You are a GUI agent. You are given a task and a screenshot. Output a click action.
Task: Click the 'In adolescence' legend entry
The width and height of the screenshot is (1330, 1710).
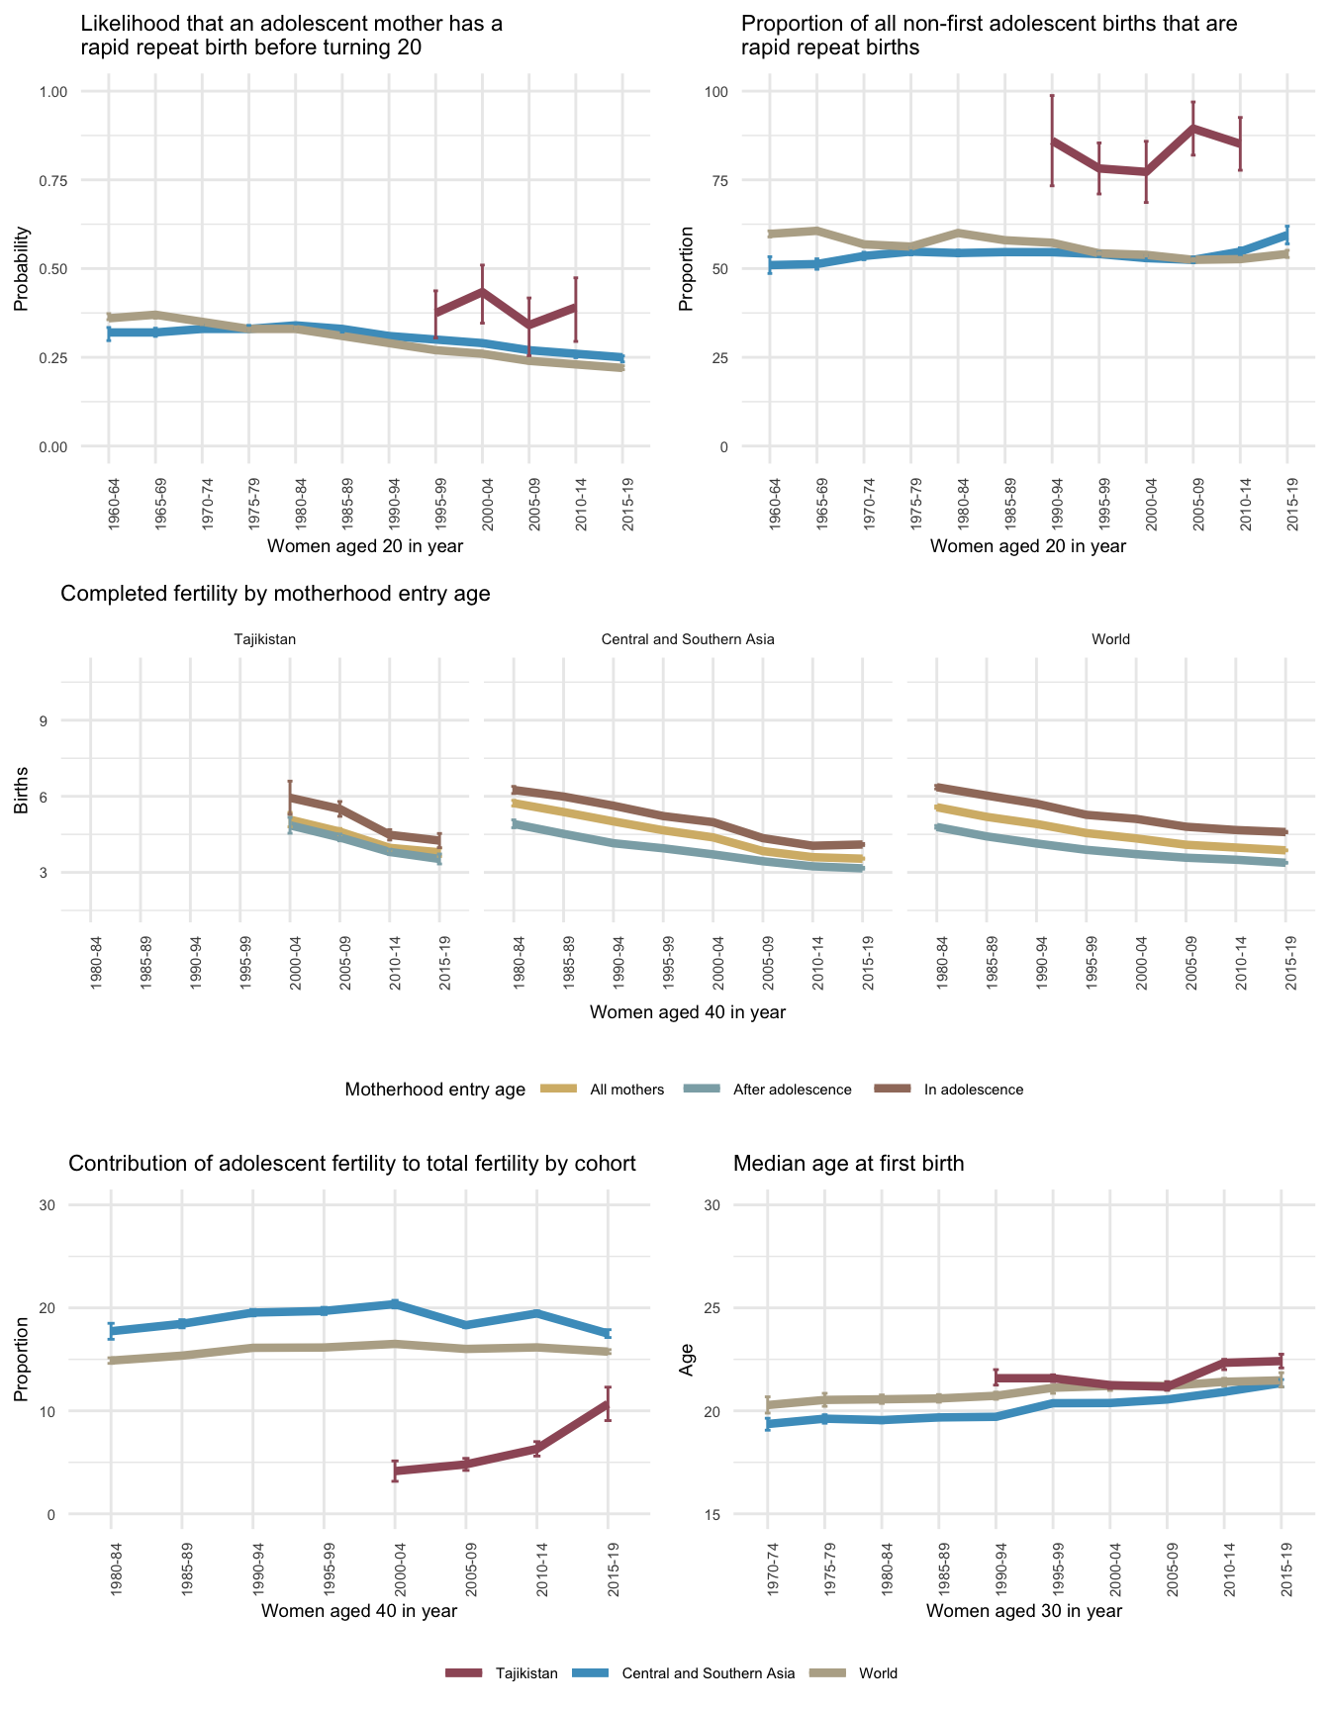click(x=973, y=1090)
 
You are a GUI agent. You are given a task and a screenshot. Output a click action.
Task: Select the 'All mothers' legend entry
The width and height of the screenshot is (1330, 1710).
click(x=625, y=1090)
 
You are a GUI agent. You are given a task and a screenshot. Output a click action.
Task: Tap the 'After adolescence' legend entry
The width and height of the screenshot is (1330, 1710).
click(x=791, y=1090)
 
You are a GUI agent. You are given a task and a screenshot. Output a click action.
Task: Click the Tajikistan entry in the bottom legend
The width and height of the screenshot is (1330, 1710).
click(x=525, y=1673)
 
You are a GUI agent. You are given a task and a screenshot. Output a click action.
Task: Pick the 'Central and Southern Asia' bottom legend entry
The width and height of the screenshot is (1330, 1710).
click(x=707, y=1673)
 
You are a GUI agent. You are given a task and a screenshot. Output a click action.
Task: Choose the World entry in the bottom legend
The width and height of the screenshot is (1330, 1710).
click(x=877, y=1673)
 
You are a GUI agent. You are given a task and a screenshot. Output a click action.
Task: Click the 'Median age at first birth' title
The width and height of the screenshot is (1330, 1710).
click(x=848, y=1164)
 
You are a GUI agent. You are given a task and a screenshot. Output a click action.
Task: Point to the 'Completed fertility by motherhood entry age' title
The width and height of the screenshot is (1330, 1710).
click(x=275, y=594)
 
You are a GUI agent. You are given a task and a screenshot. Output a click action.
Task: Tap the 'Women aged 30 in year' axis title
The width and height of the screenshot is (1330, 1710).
click(x=1023, y=1610)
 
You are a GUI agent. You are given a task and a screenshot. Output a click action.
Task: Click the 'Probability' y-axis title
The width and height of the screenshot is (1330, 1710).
click(x=21, y=269)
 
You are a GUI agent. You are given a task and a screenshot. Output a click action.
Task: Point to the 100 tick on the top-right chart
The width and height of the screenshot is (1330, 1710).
click(x=714, y=92)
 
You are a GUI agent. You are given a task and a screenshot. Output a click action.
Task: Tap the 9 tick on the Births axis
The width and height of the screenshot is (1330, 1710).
click(x=44, y=720)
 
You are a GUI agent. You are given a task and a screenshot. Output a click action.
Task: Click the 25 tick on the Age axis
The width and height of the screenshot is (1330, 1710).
click(x=713, y=1307)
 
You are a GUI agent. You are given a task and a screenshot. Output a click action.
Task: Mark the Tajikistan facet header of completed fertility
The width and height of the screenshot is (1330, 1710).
click(x=264, y=639)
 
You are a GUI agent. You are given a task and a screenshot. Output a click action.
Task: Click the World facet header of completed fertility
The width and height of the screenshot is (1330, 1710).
click(x=1110, y=639)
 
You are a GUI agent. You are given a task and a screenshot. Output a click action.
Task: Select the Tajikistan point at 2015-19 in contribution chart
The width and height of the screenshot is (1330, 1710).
click(x=608, y=1403)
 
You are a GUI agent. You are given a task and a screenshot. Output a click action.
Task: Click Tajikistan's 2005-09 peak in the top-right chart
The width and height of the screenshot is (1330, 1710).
click(x=1193, y=128)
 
